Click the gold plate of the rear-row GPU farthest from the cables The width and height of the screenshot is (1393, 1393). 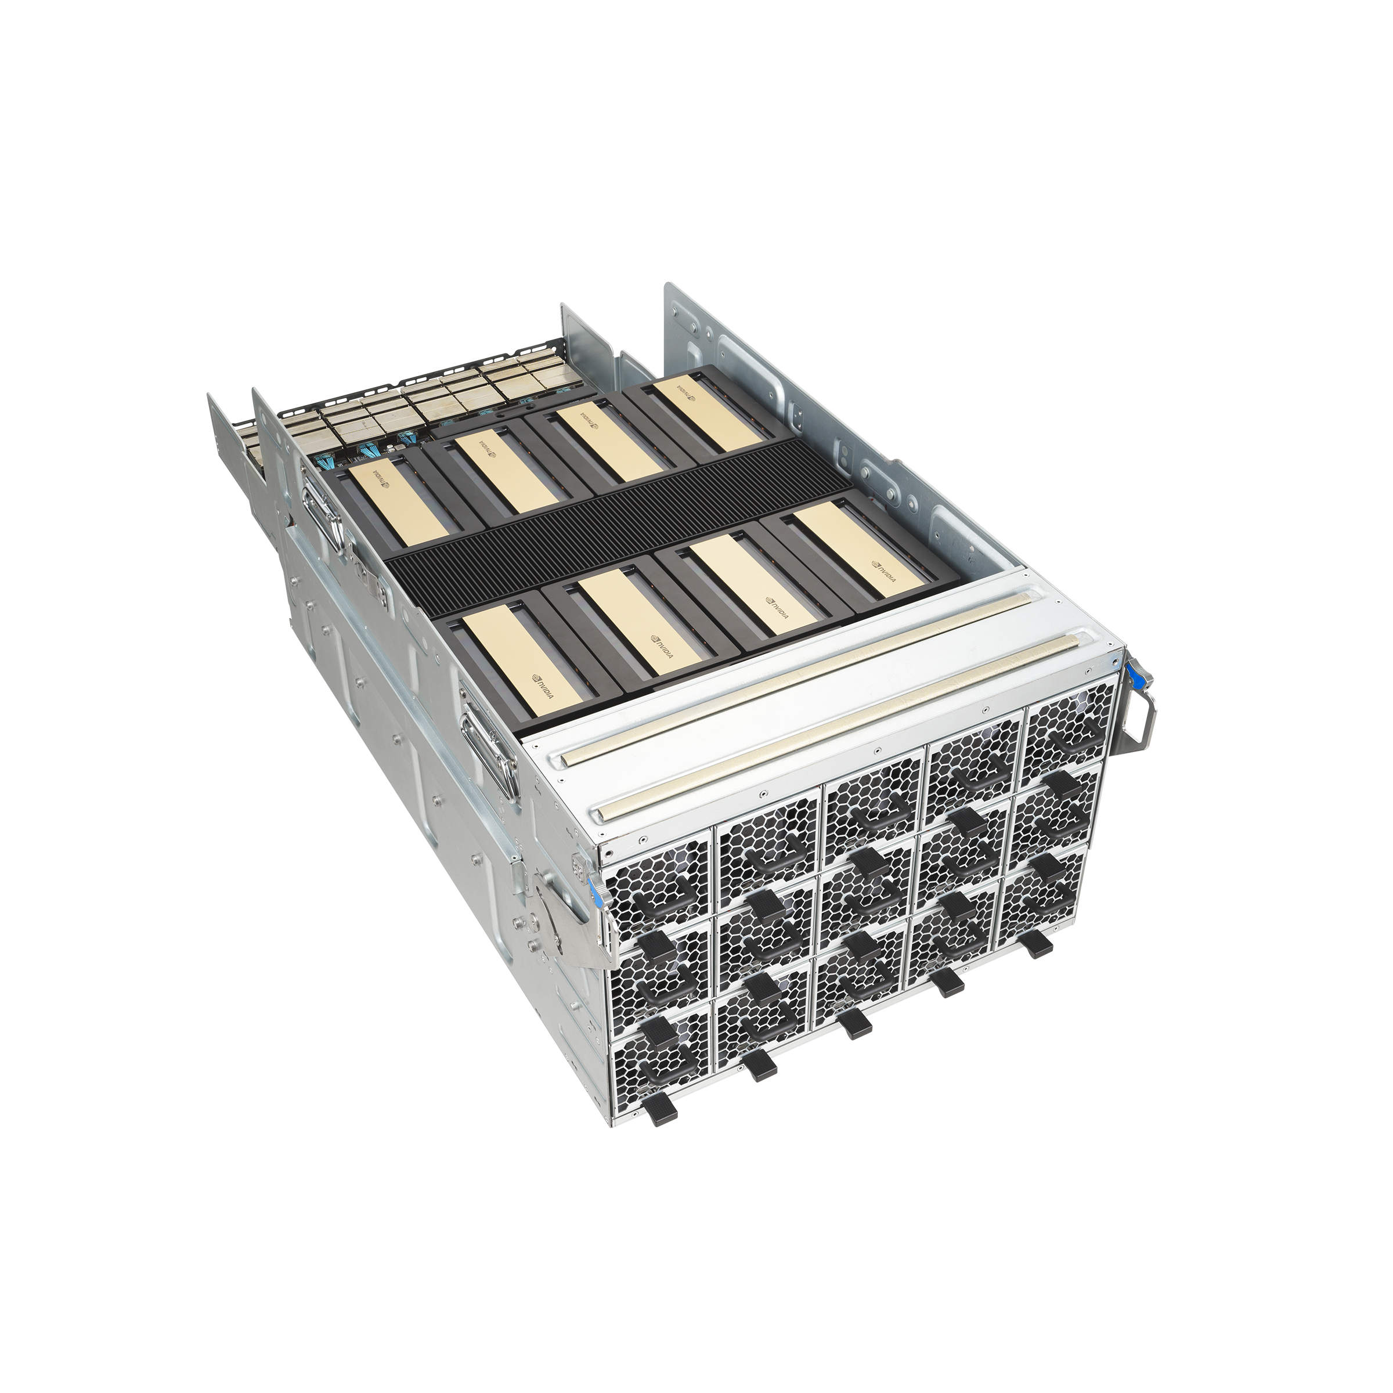(710, 412)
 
